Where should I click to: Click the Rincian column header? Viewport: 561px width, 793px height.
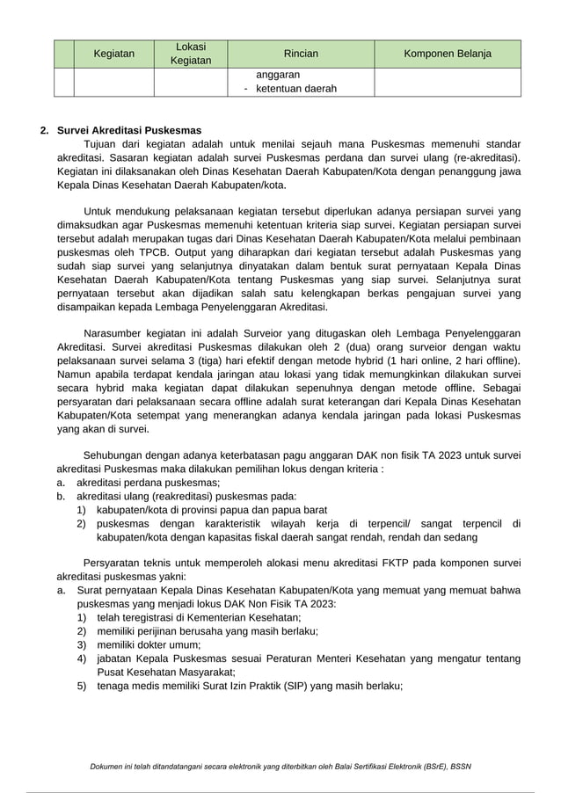click(x=301, y=54)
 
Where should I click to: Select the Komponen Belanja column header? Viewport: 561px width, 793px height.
click(x=447, y=54)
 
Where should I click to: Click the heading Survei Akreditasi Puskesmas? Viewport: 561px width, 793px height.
click(x=129, y=130)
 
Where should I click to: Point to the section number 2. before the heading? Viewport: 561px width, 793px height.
click(x=45, y=130)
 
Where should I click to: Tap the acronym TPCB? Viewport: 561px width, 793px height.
click(x=158, y=251)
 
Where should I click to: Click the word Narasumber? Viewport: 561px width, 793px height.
click(x=117, y=333)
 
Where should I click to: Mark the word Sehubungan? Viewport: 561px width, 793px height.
click(x=116, y=455)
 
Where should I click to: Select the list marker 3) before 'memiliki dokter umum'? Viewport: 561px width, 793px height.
click(x=82, y=644)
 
